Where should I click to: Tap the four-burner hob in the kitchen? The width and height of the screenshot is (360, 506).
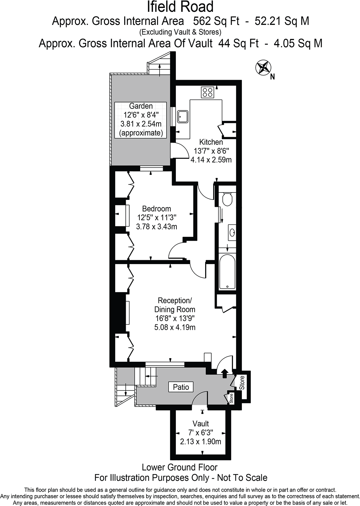point(207,93)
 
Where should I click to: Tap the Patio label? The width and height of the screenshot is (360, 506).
point(181,387)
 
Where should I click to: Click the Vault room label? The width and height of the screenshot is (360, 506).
point(201,424)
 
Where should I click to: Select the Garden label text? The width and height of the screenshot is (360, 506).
point(141,106)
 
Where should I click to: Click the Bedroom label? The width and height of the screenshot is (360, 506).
point(156,209)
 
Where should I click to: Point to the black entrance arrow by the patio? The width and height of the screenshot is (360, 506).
point(224,372)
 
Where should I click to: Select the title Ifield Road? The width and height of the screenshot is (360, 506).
point(180,7)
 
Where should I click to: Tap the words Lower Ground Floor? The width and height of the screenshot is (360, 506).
point(180,467)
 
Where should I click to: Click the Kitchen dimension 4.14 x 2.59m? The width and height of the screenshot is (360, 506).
point(211,160)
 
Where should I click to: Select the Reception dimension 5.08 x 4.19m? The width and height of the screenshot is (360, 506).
point(175,327)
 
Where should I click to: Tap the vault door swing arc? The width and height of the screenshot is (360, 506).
point(199,399)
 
